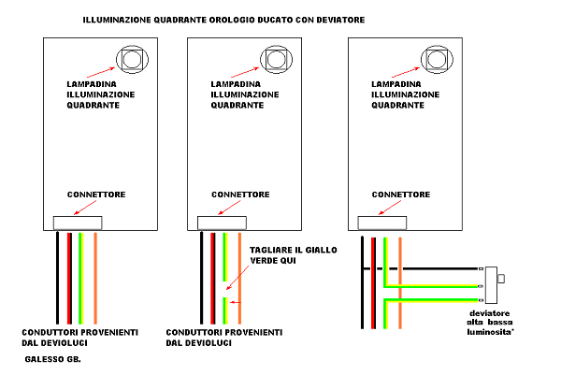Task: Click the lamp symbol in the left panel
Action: coord(132,60)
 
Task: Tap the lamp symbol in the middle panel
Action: coord(277,60)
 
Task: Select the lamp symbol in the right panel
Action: coord(436,60)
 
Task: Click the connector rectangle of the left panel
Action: coord(78,223)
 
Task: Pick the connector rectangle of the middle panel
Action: coord(223,223)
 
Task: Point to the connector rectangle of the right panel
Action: coord(383,223)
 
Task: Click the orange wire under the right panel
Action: coord(400,281)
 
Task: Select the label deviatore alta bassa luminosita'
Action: coord(491,321)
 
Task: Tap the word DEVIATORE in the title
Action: coord(333,19)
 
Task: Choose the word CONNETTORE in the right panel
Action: coord(401,195)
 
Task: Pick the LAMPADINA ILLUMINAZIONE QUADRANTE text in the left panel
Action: coord(100,94)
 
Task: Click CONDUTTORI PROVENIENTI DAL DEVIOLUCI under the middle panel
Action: coord(223,338)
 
